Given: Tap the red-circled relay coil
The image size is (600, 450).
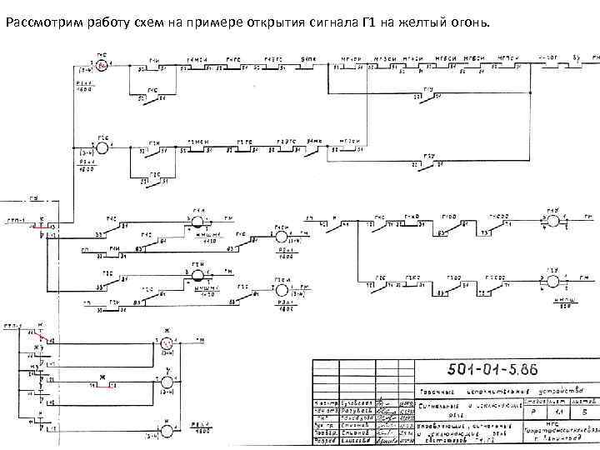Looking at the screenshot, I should [102, 64].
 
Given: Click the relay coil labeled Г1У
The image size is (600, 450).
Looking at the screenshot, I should [552, 221].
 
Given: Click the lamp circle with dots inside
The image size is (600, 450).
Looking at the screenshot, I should [166, 343].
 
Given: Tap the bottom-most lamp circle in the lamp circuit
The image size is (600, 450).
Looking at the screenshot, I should [166, 430].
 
